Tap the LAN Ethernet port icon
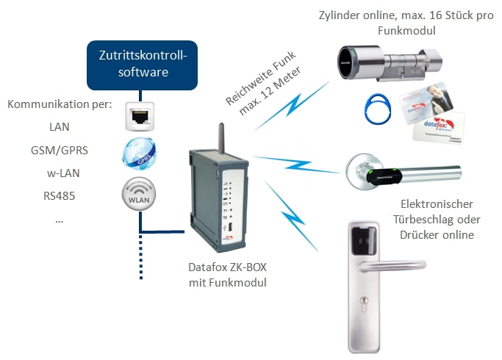[138, 116]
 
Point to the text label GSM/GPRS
[60, 150]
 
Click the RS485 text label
[60, 196]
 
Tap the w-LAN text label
[60, 173]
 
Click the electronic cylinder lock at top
[385, 62]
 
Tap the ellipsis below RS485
[59, 219]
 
